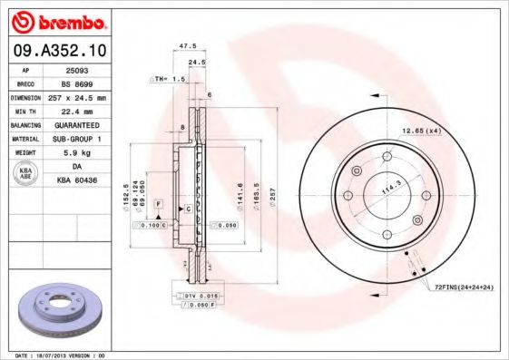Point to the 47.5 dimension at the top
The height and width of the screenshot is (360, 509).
click(x=188, y=44)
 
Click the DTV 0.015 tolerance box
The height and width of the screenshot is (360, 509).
click(x=197, y=296)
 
